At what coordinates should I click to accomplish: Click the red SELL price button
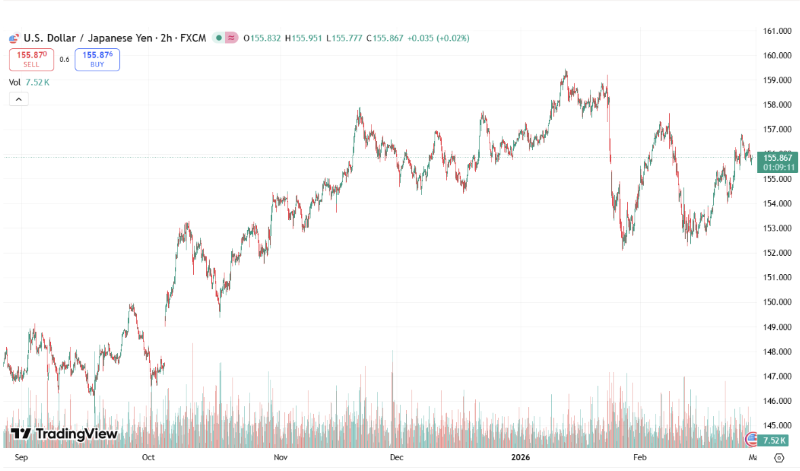[31, 60]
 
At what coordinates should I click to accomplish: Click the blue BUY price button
[97, 60]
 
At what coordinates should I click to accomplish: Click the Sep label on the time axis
[22, 457]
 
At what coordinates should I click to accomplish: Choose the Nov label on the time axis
[281, 457]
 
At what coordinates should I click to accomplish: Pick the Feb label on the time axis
[639, 457]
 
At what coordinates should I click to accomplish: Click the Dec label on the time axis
[397, 457]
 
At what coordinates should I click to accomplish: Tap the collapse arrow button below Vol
[18, 99]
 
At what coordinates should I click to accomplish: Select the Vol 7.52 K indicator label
[29, 82]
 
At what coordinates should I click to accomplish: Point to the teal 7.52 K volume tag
[774, 440]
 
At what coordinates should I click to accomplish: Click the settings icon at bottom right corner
[779, 458]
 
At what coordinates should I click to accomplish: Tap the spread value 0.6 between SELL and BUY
[64, 60]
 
